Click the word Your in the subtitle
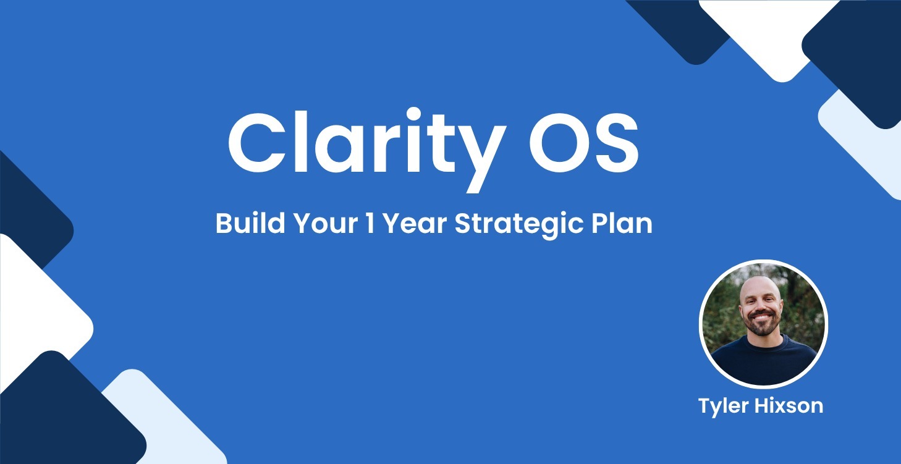point(325,224)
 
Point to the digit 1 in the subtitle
point(370,224)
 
